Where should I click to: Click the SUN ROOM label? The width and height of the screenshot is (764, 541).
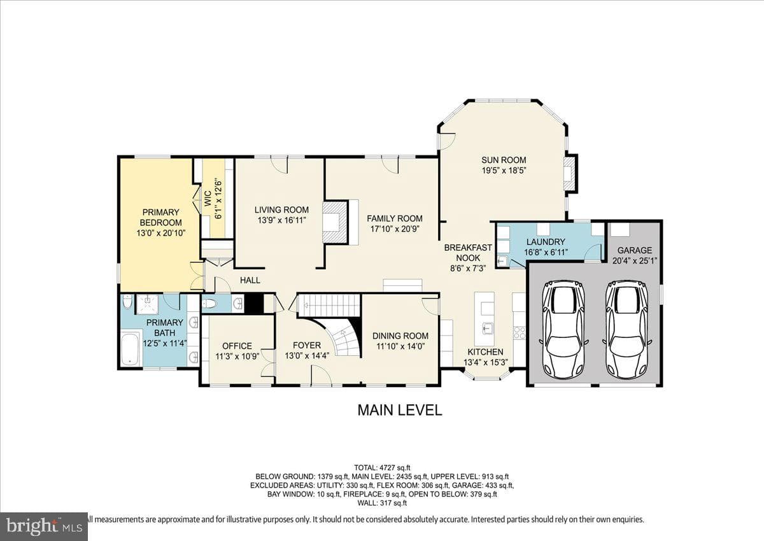coord(504,160)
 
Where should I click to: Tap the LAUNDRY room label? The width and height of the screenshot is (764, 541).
coord(546,242)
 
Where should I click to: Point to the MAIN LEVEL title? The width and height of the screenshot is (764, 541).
coord(400,410)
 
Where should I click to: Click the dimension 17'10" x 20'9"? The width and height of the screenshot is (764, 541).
coord(395,228)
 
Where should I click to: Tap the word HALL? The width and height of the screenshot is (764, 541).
coord(250,280)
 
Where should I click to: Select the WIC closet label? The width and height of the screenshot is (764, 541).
coord(208,198)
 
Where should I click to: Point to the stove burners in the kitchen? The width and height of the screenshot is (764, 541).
coord(519,332)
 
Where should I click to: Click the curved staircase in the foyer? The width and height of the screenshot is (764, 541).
coord(341,336)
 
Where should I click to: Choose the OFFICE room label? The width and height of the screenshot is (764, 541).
coord(237,346)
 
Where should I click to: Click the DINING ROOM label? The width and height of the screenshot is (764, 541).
coord(400,336)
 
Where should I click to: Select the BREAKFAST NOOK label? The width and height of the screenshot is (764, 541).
coord(468,253)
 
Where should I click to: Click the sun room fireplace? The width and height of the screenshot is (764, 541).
coord(570,173)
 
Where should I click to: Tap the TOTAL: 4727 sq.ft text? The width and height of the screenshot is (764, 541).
coord(382,467)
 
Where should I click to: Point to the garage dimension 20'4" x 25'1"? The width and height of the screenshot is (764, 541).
coord(634,261)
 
